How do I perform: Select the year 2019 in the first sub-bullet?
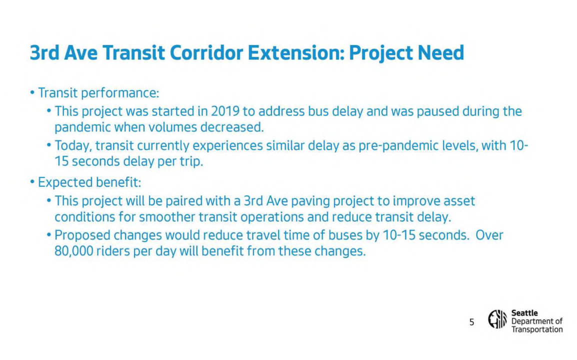tap(226, 111)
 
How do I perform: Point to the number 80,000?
tap(73, 250)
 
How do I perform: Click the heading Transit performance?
tap(98, 93)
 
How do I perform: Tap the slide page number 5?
tap(471, 322)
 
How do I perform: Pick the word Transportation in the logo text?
tap(536, 329)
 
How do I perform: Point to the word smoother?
tap(166, 217)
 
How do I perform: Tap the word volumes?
tap(172, 127)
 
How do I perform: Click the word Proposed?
tap(82, 235)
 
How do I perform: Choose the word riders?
tap(112, 250)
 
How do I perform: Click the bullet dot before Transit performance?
tap(32, 93)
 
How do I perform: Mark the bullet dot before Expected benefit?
tap(32, 182)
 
